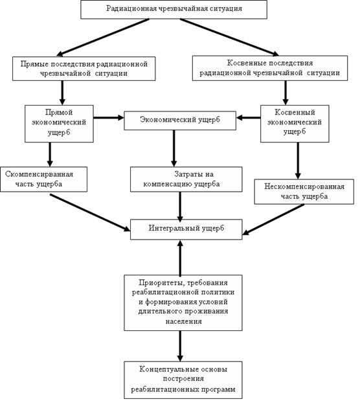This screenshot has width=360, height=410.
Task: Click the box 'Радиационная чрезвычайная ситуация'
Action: (174, 10)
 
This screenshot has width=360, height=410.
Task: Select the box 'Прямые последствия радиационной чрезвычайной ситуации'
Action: (84, 69)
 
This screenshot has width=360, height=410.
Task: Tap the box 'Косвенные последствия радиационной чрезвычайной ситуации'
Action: (270, 68)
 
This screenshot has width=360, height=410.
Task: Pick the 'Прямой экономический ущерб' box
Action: (59, 124)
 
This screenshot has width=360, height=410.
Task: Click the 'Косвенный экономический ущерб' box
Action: (295, 124)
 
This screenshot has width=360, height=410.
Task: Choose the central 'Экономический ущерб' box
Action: (180, 120)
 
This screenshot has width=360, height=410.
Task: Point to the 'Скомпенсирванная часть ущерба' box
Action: (43, 179)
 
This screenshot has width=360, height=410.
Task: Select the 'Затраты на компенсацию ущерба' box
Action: (186, 179)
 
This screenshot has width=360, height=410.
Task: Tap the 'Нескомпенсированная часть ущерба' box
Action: (304, 192)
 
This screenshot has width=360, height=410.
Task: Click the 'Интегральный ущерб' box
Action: (186, 229)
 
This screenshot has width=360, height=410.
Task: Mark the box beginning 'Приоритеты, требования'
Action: (183, 302)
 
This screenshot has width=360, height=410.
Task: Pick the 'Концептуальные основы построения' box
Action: (183, 380)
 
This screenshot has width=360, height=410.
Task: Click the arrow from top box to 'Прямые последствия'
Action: (103, 37)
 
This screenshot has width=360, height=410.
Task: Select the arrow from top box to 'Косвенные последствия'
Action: (230, 37)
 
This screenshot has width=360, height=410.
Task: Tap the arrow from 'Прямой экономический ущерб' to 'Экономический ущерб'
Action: (109, 118)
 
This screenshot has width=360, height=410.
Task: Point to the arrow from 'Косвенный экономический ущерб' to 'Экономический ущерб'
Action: (249, 118)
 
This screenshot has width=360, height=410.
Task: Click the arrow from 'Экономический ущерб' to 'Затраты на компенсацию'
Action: (174, 148)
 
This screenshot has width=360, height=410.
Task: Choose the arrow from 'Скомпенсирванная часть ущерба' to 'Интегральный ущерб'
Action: (90, 212)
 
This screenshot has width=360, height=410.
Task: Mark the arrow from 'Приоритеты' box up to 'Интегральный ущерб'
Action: (180, 257)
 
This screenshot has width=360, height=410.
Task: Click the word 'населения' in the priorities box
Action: (183, 321)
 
